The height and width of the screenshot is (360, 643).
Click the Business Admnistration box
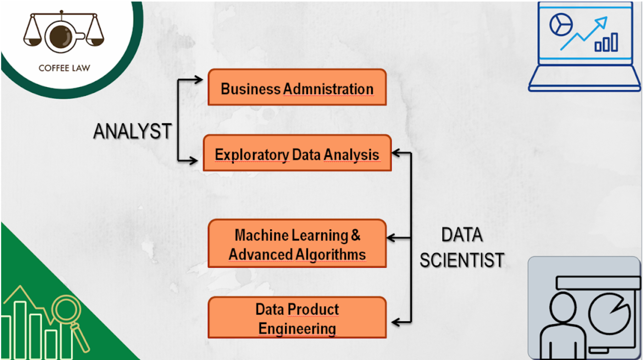(x=297, y=87)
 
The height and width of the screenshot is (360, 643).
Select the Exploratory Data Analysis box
(x=297, y=153)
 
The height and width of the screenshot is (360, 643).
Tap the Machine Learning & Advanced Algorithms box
(x=297, y=243)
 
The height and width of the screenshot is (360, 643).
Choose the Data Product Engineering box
(x=297, y=318)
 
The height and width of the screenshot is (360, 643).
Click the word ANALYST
(x=132, y=131)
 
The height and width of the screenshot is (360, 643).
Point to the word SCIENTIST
(x=462, y=260)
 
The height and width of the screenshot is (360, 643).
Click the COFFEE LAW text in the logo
(x=64, y=68)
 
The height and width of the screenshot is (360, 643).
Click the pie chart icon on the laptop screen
(x=561, y=25)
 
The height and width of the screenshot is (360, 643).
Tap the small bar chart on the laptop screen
(x=606, y=42)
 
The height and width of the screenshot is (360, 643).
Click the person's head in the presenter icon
(x=563, y=307)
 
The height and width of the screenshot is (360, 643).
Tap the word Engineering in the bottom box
(x=297, y=329)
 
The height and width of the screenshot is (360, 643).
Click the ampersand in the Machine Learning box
(x=356, y=235)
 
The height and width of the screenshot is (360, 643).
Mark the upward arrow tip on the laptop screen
(x=607, y=18)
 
